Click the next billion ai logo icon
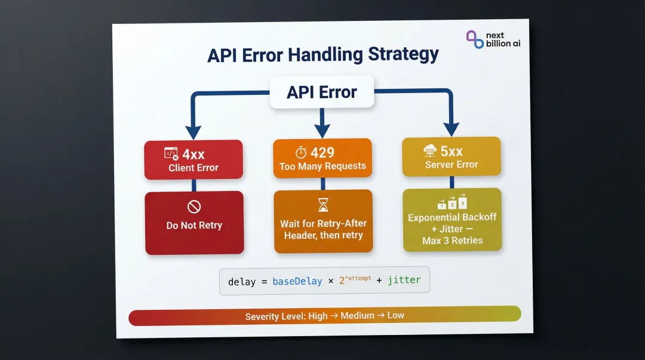pos(475,39)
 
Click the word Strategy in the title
pos(403,54)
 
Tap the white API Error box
pos(322,92)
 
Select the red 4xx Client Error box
pos(193,159)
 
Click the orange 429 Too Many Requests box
pos(322,158)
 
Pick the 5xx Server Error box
pos(451,156)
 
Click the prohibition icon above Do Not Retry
pos(194,207)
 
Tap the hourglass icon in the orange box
pos(323,205)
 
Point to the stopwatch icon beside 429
pos(301,153)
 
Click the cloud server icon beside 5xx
pos(429,151)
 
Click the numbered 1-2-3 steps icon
pos(451,202)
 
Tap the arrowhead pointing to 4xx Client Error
pos(193,132)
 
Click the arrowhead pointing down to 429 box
pos(322,130)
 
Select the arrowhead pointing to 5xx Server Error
pos(451,128)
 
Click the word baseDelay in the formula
pos(297,281)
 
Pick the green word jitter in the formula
pos(404,279)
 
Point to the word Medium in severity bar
pos(357,315)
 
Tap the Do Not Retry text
pos(194,225)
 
